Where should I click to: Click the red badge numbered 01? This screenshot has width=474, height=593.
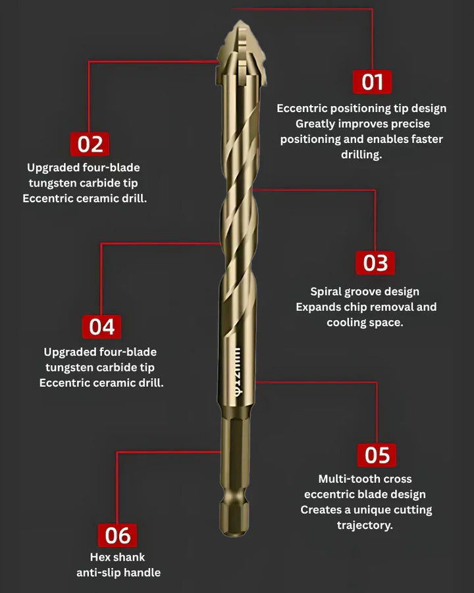click(373, 82)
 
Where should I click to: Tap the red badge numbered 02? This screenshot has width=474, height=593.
click(90, 144)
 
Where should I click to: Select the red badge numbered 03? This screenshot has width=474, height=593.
click(375, 262)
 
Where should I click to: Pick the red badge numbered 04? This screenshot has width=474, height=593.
click(102, 326)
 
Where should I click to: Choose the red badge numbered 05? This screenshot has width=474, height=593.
click(377, 455)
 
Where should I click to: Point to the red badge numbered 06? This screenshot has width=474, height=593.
click(118, 535)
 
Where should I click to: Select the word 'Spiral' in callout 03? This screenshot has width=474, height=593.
click(327, 291)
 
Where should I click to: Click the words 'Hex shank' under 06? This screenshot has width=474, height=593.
click(118, 557)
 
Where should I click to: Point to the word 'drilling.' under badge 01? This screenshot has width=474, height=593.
click(361, 155)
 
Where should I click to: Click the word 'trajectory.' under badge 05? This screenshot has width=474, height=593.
click(365, 525)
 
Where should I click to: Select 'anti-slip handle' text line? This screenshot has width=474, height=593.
click(118, 573)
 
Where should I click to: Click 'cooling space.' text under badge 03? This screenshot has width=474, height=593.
click(365, 322)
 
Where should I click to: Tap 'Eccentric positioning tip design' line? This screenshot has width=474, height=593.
click(361, 108)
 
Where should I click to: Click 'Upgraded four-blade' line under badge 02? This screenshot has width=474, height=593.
click(84, 167)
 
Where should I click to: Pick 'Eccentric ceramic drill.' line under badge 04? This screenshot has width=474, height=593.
click(101, 383)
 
